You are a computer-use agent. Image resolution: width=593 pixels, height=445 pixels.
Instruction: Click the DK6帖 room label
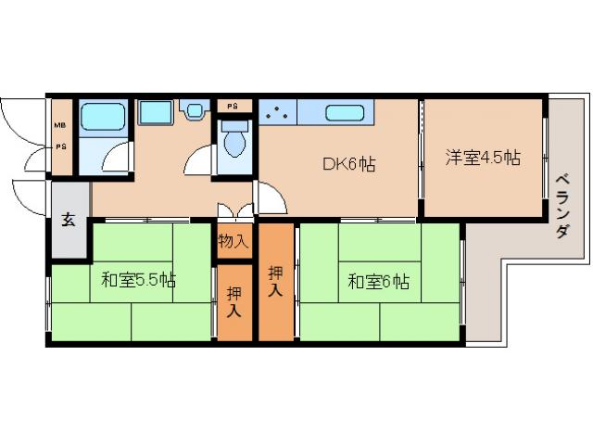[x=348, y=165]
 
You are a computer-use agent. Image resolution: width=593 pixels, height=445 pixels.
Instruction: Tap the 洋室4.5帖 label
[x=483, y=158]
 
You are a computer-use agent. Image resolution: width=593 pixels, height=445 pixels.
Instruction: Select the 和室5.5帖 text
[x=140, y=278]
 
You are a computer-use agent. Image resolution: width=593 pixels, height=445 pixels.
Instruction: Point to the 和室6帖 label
[x=378, y=282]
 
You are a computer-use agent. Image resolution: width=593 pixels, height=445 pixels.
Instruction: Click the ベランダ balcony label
[x=562, y=206]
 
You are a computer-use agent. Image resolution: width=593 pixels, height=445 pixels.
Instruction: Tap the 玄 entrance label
[x=69, y=220]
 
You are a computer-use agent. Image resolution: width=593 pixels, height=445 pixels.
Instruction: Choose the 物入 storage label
[x=233, y=242]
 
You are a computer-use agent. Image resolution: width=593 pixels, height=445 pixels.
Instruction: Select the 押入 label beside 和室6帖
[x=276, y=282]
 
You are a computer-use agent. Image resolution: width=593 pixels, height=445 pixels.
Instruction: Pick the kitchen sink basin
[x=346, y=114]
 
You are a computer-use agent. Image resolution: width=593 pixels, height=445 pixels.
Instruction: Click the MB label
[x=59, y=124]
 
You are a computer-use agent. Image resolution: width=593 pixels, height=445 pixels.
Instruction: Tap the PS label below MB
[x=59, y=146]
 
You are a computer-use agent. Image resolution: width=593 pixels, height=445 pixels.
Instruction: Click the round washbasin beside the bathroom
[x=195, y=110]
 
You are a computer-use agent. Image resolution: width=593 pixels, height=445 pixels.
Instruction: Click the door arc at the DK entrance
[x=270, y=196]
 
